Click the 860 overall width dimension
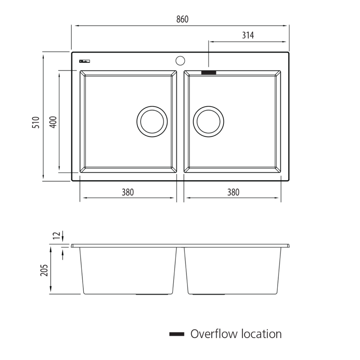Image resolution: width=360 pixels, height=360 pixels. tap(182, 19)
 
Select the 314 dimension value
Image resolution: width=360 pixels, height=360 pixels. tap(248, 35)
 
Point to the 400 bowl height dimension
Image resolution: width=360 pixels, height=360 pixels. tap(53, 122)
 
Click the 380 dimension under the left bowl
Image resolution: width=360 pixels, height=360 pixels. tap(128, 192)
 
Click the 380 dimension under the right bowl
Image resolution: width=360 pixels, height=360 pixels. tap(233, 192)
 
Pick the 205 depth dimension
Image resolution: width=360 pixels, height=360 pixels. tap(44, 270)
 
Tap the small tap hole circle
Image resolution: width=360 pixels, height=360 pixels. tap(180, 60)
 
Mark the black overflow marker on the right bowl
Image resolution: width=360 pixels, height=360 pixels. tap(208, 72)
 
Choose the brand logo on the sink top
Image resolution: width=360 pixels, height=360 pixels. tap(84, 62)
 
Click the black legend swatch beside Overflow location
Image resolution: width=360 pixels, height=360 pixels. tap(176, 334)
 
